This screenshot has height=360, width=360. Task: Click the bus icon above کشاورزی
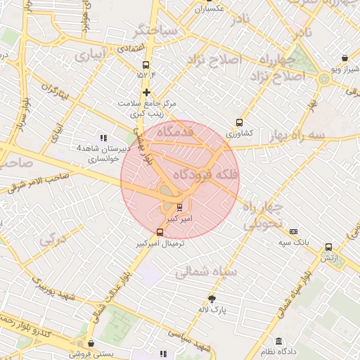pos(240,122)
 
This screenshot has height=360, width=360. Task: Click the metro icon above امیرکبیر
pos(180,207)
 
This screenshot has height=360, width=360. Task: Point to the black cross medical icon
pos(146,92)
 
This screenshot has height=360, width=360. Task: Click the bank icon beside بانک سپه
pos(293,231)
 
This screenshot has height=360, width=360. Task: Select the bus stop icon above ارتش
pos(328,247)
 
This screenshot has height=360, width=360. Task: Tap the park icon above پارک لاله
pos(212,298)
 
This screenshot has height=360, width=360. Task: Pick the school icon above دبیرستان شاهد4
pos(103,138)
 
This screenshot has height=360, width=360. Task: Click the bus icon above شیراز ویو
pos(344,58)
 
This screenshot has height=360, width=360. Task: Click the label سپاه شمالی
pos(210,271)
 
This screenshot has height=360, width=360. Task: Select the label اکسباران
pos(210,8)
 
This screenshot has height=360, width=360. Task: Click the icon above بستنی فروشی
pos(77,344)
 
